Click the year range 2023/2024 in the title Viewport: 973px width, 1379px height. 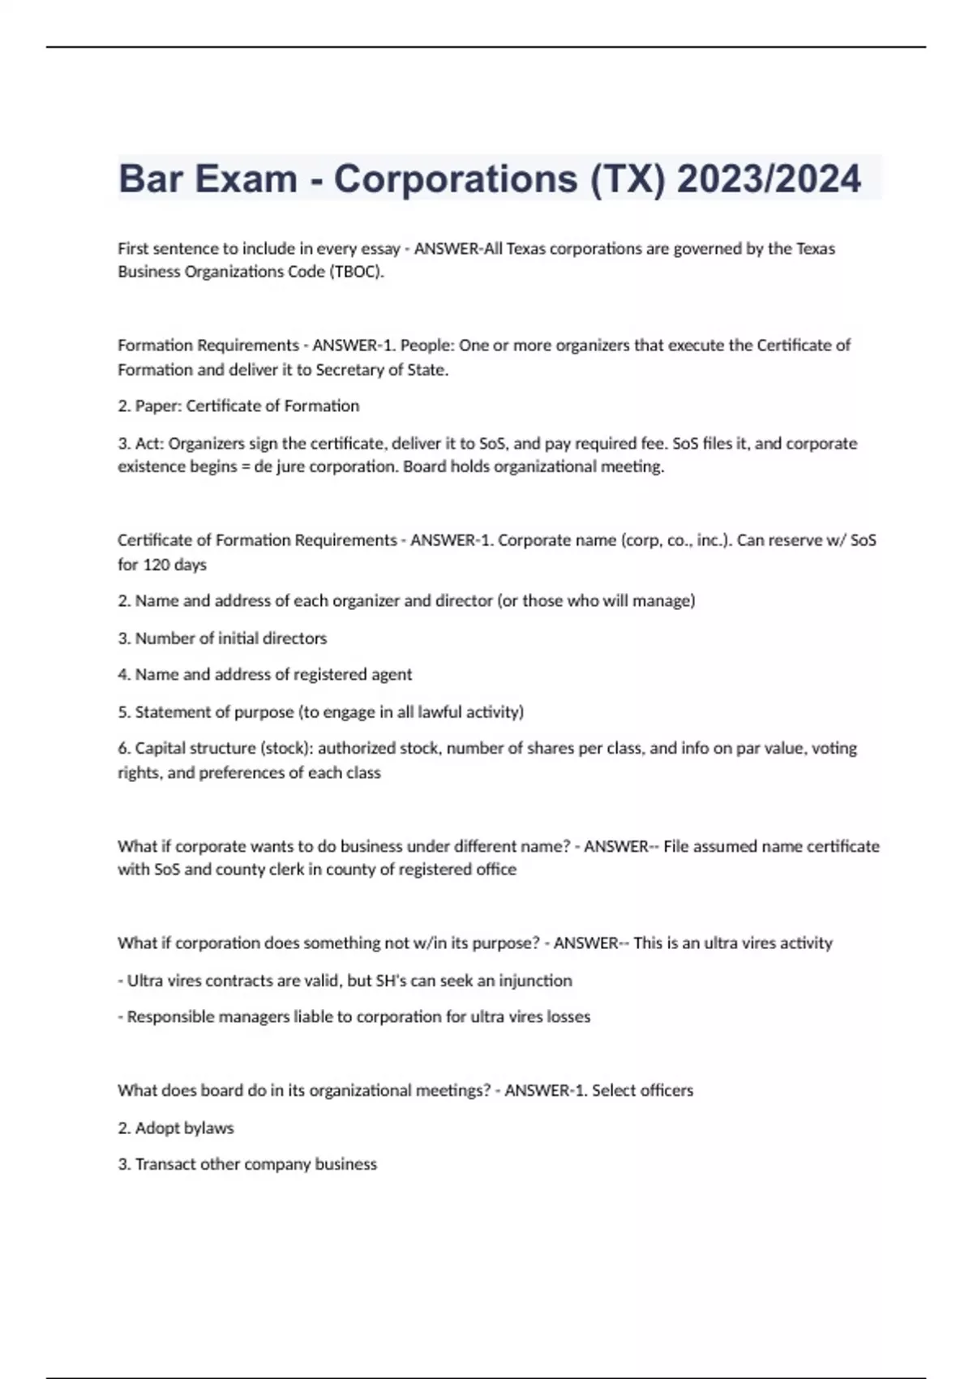[769, 178]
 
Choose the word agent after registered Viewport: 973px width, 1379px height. [392, 674]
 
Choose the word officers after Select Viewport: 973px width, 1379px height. [662, 1090]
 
